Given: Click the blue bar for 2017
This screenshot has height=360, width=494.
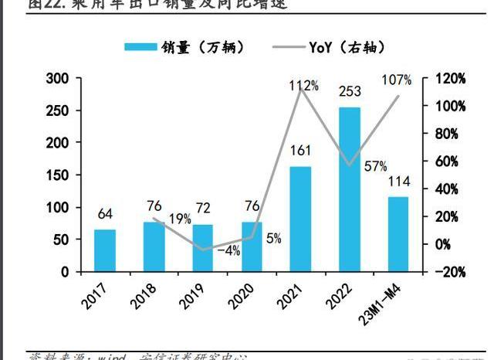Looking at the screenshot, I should (105, 250).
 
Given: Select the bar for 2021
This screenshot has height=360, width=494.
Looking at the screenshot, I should (300, 219).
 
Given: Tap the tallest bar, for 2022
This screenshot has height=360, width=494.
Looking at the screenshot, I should (349, 189).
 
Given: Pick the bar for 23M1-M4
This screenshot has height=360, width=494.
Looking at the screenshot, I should (398, 234).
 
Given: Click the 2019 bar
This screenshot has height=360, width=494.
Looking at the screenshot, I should (203, 248).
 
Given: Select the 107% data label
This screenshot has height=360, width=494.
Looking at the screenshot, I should (397, 80).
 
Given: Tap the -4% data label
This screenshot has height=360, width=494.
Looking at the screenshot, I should (229, 250).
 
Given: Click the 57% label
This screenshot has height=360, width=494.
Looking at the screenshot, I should (375, 166).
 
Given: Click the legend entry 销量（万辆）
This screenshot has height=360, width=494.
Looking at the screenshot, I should (185, 47).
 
